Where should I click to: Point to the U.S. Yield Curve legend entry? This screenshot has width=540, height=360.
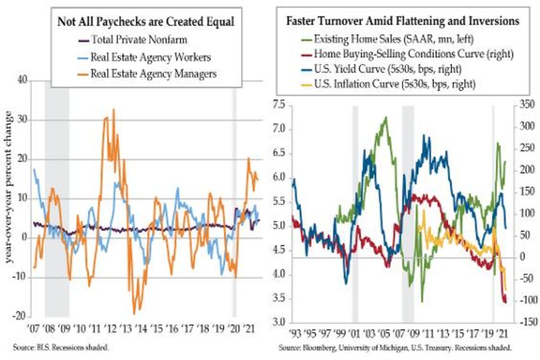385,68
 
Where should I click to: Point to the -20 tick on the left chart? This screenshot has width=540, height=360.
21,316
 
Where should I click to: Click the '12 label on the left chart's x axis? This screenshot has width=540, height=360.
110,326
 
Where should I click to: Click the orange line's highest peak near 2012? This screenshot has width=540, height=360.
113,109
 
